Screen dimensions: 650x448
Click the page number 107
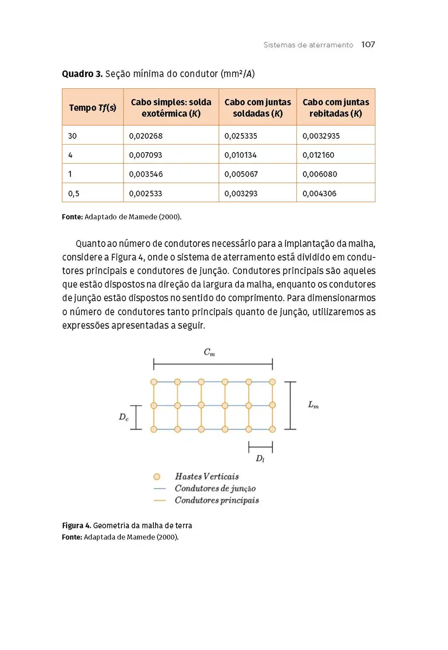[368, 45]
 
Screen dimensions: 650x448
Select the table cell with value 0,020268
[146, 136]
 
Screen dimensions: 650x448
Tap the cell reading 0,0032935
[321, 136]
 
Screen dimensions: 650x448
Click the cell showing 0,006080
[319, 174]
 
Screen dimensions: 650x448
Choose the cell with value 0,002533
[146, 193]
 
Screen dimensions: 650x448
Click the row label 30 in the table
[73, 136]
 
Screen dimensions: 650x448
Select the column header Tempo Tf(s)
[93, 108]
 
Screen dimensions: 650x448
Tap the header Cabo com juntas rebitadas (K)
[336, 108]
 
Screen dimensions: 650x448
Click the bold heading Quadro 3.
[82, 74]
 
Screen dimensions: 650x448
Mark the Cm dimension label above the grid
[209, 353]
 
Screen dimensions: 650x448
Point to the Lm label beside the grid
[313, 405]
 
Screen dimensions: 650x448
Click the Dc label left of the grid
[124, 417]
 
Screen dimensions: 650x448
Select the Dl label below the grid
[261, 459]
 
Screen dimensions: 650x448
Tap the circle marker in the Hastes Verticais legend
[157, 477]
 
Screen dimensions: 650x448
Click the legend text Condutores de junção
[215, 489]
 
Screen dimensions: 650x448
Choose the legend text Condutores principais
[217, 500]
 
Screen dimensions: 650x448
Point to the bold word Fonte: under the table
[72, 217]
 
